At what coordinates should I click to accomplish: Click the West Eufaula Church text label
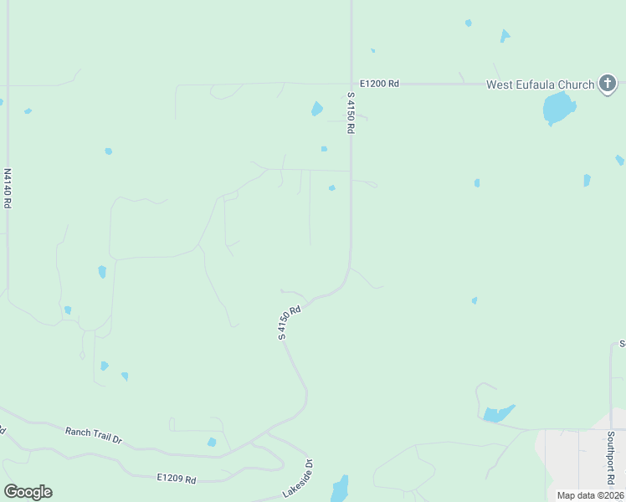[541, 84]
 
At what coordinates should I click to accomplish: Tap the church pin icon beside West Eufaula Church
[608, 84]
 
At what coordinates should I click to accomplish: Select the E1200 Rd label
[379, 84]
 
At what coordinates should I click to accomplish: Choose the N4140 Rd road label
[8, 188]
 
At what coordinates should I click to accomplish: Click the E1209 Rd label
[176, 479]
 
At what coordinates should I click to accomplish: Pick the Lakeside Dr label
[297, 479]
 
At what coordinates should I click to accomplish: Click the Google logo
[28, 492]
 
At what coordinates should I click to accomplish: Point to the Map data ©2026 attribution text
[591, 495]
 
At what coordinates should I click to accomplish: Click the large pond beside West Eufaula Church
[558, 108]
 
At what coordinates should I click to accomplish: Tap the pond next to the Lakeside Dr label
[340, 489]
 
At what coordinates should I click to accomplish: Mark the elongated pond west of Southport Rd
[497, 413]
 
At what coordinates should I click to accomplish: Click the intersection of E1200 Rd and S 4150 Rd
[351, 84]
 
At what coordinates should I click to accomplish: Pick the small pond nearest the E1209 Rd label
[212, 442]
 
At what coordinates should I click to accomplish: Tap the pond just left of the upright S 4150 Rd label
[317, 109]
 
